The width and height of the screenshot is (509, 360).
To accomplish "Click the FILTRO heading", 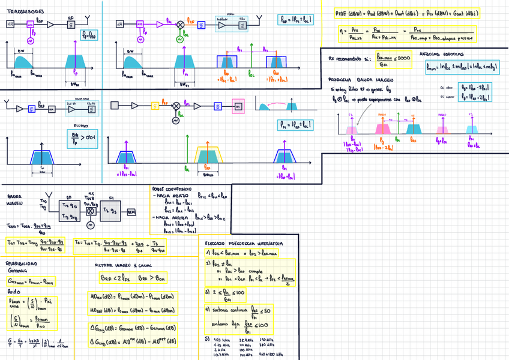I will (80, 126).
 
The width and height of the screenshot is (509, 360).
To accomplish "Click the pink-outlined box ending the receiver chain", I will (238, 106).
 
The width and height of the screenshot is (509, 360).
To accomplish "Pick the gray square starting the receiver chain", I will (123, 106).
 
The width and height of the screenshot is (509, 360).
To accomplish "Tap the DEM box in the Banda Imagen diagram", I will (131, 212).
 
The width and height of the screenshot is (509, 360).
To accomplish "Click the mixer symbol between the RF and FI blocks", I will (91, 212).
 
